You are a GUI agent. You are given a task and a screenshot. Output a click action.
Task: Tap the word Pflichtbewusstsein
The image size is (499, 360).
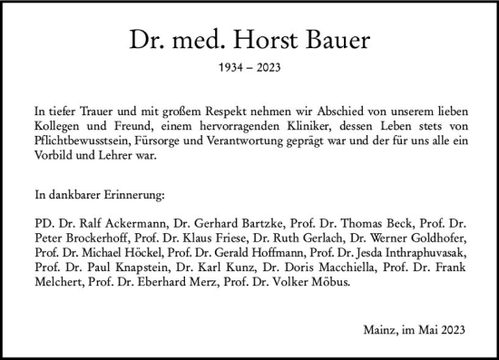click(84, 139)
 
